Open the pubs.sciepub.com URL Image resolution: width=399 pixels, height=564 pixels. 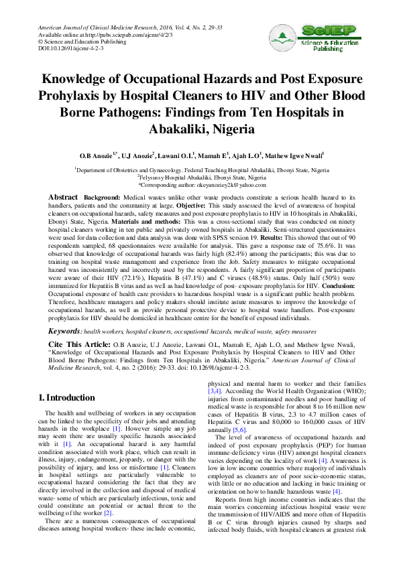click(x=104, y=34)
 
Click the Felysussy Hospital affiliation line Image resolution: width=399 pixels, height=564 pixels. click(x=201, y=177)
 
